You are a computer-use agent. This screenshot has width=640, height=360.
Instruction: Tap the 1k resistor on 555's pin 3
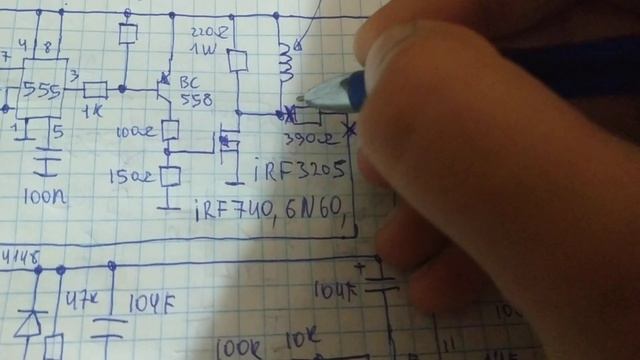point(95,89)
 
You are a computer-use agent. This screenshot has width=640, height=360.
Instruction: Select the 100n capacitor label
point(46,197)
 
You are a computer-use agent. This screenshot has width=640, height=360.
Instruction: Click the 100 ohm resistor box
point(170,130)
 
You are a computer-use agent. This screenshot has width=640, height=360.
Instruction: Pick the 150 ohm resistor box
point(170,177)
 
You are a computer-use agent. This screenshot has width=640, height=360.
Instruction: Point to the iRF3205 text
point(300,170)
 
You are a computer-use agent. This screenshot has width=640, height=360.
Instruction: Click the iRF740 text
point(229,209)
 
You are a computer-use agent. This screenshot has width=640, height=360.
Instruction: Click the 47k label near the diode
point(77,299)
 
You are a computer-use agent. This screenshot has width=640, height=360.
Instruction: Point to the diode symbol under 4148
point(29,322)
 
